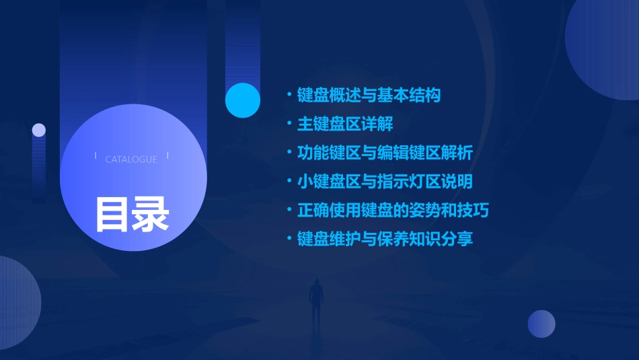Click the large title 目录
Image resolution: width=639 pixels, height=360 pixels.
[132, 215]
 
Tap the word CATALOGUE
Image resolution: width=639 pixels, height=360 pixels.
[131, 159]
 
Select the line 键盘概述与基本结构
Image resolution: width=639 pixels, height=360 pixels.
[369, 96]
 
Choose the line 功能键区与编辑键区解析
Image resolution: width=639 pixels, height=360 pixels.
[385, 153]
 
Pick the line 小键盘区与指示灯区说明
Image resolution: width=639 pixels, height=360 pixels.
[385, 182]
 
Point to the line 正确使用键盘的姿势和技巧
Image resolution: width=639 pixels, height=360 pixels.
[393, 211]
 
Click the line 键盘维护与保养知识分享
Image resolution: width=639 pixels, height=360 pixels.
[385, 239]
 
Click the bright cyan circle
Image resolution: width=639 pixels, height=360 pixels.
[243, 100]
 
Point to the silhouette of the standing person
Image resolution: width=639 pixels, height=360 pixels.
[315, 303]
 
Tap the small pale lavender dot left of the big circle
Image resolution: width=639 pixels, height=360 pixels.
[39, 130]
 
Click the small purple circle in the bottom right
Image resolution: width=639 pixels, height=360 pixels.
[541, 324]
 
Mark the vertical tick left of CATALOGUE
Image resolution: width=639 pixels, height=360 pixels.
[96, 156]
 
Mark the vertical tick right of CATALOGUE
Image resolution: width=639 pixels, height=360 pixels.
[167, 156]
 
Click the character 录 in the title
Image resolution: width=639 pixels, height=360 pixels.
[151, 215]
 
